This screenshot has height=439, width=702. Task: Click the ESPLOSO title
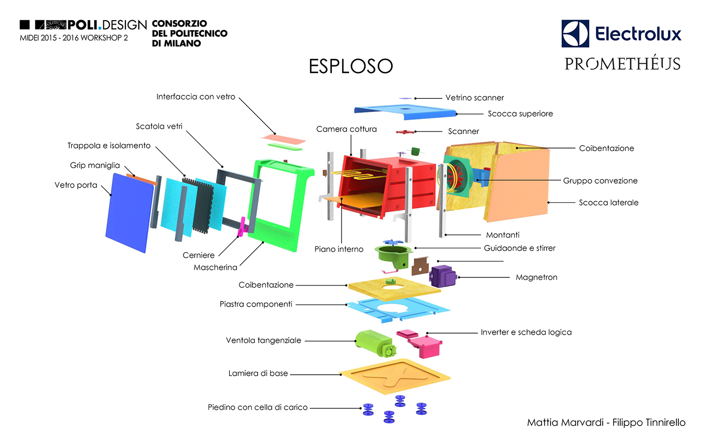350,66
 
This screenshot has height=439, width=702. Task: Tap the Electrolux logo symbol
575,34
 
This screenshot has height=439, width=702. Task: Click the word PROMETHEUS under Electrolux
622,64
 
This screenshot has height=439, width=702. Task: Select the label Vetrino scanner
474,98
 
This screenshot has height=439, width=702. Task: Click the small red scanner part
404,132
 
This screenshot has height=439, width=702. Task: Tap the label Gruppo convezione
600,181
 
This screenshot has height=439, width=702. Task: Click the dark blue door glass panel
129,213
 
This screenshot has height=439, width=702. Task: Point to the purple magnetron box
442,275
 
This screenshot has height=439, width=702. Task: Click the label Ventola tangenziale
263,340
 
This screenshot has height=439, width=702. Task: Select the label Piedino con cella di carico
257,407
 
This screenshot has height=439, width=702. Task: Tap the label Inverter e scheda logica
526,332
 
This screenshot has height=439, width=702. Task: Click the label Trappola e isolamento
109,145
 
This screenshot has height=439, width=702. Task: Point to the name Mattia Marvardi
565,422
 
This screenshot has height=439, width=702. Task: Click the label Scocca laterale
608,203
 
